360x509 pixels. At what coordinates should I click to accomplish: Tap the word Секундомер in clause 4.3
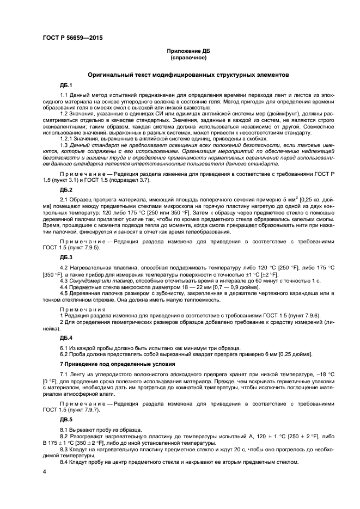pyautogui.click(x=86, y=280)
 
